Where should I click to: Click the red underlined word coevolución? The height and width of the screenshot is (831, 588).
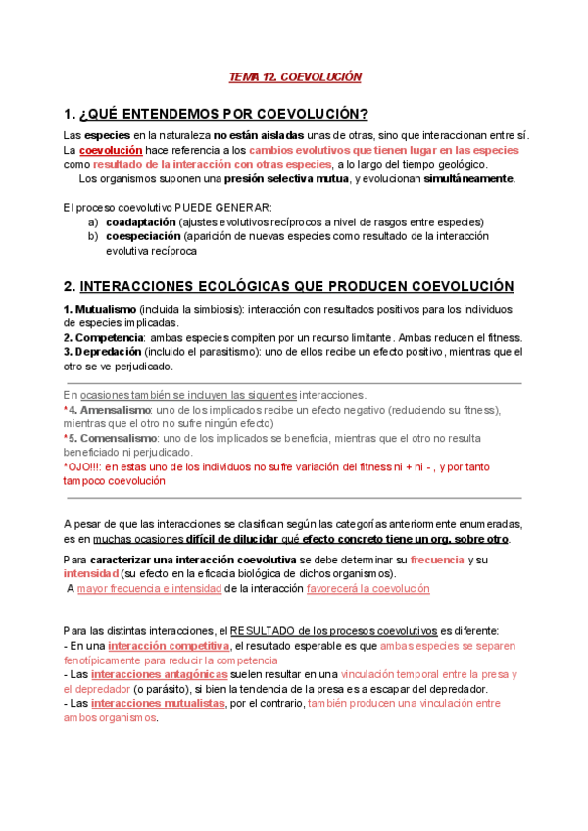click(111, 151)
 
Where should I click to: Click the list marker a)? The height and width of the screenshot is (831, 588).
click(93, 222)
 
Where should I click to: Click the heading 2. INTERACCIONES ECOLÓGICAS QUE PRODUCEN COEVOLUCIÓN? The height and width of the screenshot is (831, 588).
click(288, 286)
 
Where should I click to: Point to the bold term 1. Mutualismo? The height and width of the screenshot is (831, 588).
click(100, 310)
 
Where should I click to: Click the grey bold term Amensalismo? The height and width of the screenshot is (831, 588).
click(111, 409)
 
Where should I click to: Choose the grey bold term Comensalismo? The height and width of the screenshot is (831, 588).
click(113, 438)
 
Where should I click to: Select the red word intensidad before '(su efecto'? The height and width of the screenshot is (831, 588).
click(90, 573)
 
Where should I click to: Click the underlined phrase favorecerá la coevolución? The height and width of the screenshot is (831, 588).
click(368, 588)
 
